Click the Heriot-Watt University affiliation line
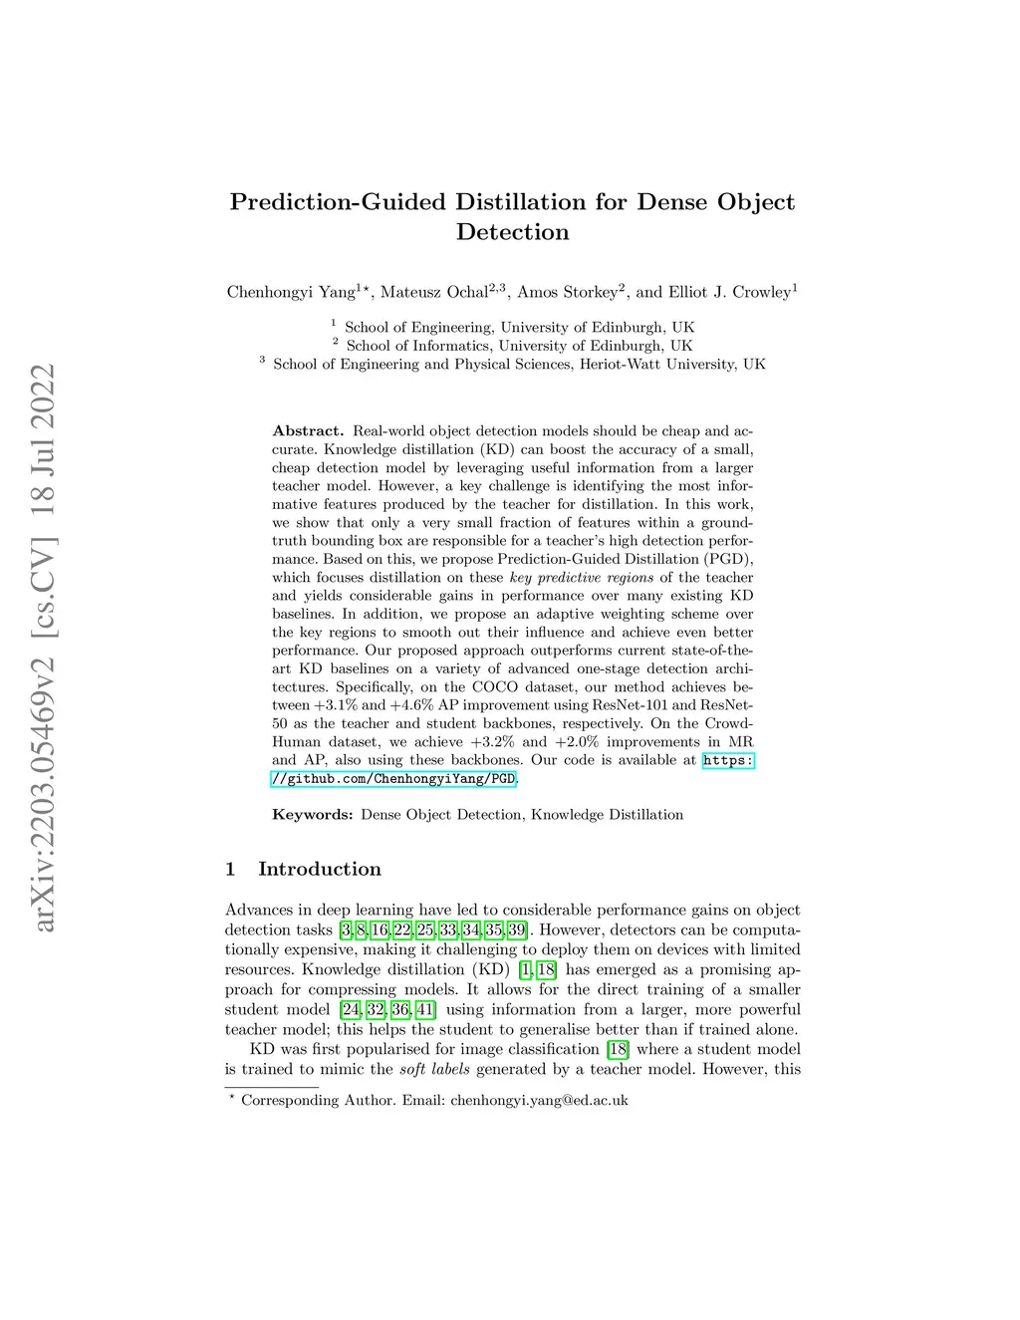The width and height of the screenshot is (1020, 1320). pos(519,364)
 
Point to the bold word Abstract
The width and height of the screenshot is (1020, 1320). pos(308,431)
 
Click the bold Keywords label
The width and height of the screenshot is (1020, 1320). pos(312,815)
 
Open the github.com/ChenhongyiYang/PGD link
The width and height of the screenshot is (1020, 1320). pos(394,779)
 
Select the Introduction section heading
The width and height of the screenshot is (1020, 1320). pos(319,869)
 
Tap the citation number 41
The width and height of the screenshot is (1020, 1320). pos(425,1009)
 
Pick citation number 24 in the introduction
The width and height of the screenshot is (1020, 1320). pos(351,1009)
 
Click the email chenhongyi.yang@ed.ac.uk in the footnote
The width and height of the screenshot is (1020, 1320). pos(539,1100)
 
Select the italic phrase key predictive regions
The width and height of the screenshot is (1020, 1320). pos(582,578)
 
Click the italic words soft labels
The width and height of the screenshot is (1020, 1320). pos(434,1069)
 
